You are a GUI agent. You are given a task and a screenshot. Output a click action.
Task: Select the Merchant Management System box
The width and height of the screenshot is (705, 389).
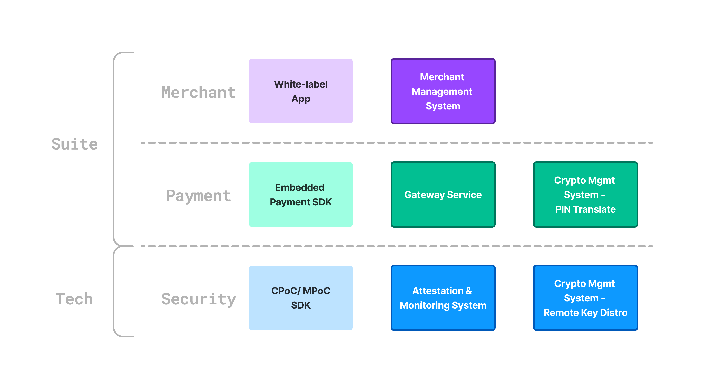coord(443,91)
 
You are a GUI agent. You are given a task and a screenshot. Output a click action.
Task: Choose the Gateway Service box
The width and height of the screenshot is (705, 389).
coord(443,194)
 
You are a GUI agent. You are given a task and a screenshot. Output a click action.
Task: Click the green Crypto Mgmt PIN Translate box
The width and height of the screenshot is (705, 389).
coord(585,194)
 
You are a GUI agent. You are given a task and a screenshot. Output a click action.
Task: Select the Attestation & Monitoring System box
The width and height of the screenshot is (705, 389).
coord(443,298)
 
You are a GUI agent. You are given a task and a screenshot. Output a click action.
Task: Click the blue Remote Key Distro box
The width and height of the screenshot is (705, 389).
coord(585,298)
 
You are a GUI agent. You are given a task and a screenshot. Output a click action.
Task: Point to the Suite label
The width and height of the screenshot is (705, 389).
coord(74,144)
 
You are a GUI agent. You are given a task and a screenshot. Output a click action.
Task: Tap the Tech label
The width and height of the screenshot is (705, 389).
coord(74,299)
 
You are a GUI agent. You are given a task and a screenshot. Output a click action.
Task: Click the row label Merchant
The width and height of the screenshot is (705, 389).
coord(198,92)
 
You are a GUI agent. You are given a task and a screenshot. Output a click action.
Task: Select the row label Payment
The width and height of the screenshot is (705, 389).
coord(198,196)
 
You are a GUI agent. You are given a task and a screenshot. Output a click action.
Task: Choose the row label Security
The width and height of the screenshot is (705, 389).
coord(198,299)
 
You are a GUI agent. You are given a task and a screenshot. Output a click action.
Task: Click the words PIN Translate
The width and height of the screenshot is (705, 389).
coord(585,209)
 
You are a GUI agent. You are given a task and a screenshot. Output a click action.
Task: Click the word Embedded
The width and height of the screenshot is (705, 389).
coord(299,187)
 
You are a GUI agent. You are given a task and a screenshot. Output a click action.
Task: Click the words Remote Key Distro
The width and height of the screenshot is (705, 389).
coord(585,313)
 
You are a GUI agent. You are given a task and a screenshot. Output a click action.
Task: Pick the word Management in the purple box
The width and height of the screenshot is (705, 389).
coord(442,91)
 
